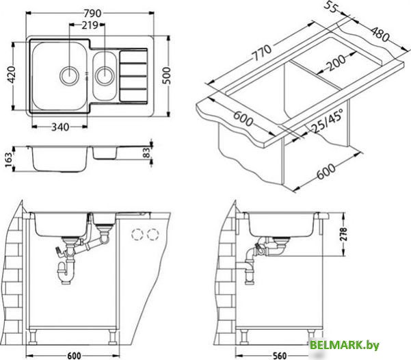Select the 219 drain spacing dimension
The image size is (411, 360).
[90, 25]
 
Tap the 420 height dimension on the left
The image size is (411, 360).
[11, 75]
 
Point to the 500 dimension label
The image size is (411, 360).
[166, 75]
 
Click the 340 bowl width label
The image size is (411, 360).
[60, 127]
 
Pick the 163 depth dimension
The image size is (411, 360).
[9, 159]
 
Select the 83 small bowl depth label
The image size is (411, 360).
[147, 153]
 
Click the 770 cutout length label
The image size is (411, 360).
[261, 53]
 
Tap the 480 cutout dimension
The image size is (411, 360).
[380, 34]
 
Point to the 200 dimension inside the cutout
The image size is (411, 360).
[336, 62]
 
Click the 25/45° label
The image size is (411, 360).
[327, 121]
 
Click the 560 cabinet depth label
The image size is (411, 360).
[280, 355]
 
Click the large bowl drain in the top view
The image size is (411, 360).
[69, 75]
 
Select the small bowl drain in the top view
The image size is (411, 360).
[105, 75]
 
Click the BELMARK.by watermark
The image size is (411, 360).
[345, 345]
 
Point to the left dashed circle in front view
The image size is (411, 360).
[137, 234]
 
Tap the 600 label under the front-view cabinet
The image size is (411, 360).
[74, 355]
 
